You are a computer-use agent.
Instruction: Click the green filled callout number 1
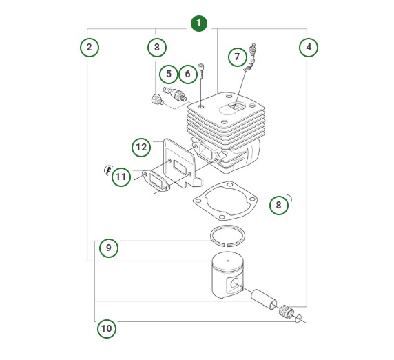[x=198, y=23]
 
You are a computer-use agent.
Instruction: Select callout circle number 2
[x=88, y=48]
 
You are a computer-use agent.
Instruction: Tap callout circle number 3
[x=157, y=48]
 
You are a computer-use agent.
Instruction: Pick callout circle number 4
[x=308, y=48]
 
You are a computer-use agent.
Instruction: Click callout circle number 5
[x=168, y=73]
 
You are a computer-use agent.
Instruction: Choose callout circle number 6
[x=187, y=73]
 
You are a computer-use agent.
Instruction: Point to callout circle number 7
[x=236, y=56]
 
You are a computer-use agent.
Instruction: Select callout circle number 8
[x=278, y=205]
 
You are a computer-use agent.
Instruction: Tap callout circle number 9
[x=109, y=248]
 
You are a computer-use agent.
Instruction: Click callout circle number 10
[x=106, y=328]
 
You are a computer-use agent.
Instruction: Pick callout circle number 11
[x=121, y=177]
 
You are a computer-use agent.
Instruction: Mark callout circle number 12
[x=141, y=147]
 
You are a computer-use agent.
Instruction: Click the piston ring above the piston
[x=229, y=235]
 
